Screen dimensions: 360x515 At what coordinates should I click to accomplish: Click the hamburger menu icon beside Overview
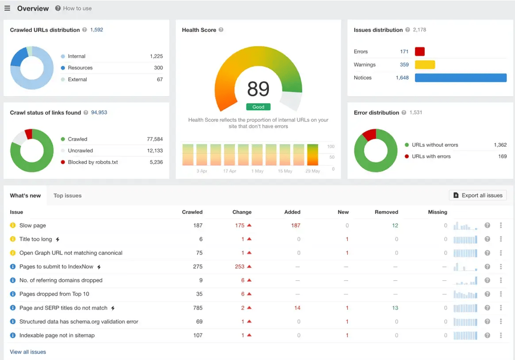point(7,8)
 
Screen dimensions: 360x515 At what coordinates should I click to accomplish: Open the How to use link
point(77,8)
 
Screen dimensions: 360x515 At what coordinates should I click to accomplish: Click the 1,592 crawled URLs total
point(97,30)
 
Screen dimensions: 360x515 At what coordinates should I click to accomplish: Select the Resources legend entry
point(80,68)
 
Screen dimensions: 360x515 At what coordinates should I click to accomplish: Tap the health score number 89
point(258,89)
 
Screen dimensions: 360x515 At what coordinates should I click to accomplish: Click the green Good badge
point(258,107)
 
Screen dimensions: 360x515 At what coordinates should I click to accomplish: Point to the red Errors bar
point(420,52)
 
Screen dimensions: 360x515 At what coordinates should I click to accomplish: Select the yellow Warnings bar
point(425,65)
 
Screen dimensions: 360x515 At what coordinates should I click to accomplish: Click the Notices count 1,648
point(402,78)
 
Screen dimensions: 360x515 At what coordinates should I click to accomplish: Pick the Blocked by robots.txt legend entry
point(92,162)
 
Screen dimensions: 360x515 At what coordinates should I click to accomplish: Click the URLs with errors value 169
point(502,157)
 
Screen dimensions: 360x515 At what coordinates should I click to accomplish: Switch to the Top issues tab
point(67,196)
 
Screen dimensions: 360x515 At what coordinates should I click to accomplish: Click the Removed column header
point(386,212)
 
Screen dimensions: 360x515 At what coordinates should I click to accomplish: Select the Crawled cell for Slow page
point(198,225)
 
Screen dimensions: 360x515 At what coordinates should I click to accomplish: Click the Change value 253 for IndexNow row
point(239,267)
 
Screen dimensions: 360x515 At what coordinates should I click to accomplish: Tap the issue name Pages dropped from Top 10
point(54,294)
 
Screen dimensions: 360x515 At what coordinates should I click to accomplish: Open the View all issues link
point(28,352)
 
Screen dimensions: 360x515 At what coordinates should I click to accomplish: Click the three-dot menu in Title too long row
point(501,239)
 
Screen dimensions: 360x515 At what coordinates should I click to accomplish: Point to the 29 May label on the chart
point(312,171)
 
